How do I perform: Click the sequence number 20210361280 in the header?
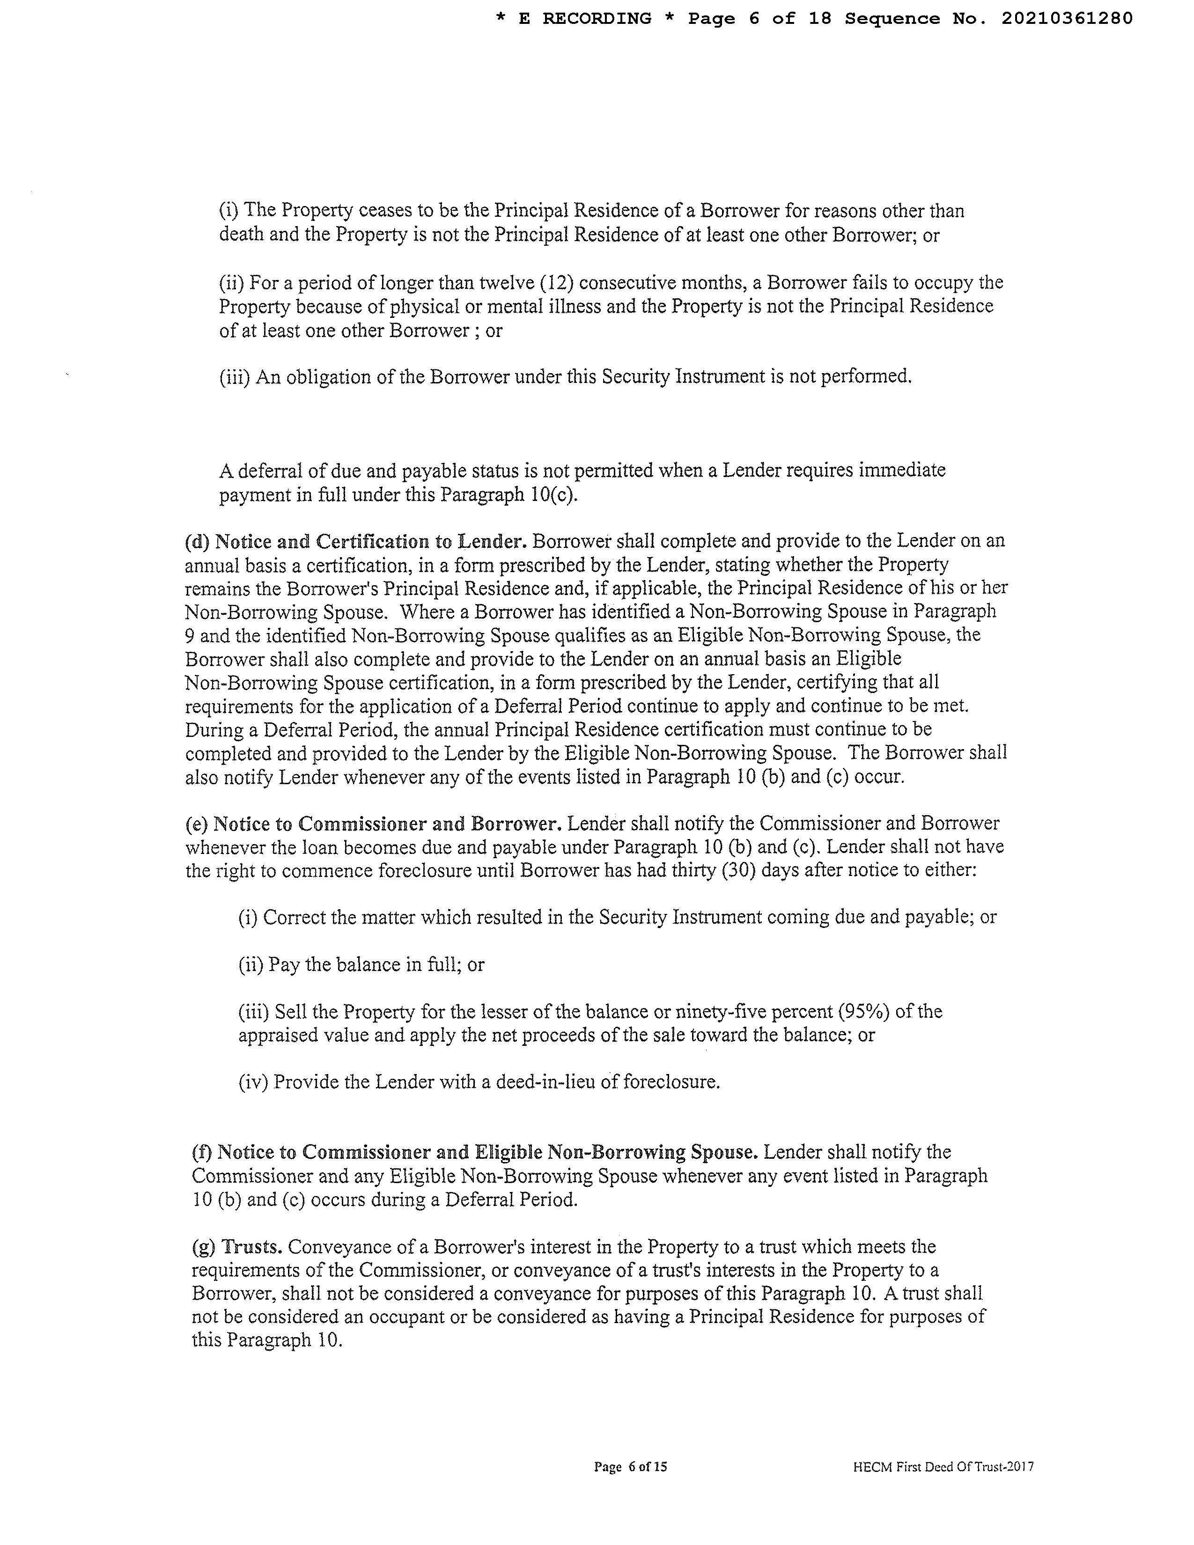tap(1066, 18)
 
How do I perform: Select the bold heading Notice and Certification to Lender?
tap(355, 541)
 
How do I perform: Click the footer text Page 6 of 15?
tap(630, 1467)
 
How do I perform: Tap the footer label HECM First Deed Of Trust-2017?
tap(943, 1467)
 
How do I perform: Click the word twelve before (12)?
tap(508, 283)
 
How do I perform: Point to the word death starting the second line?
tap(242, 235)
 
